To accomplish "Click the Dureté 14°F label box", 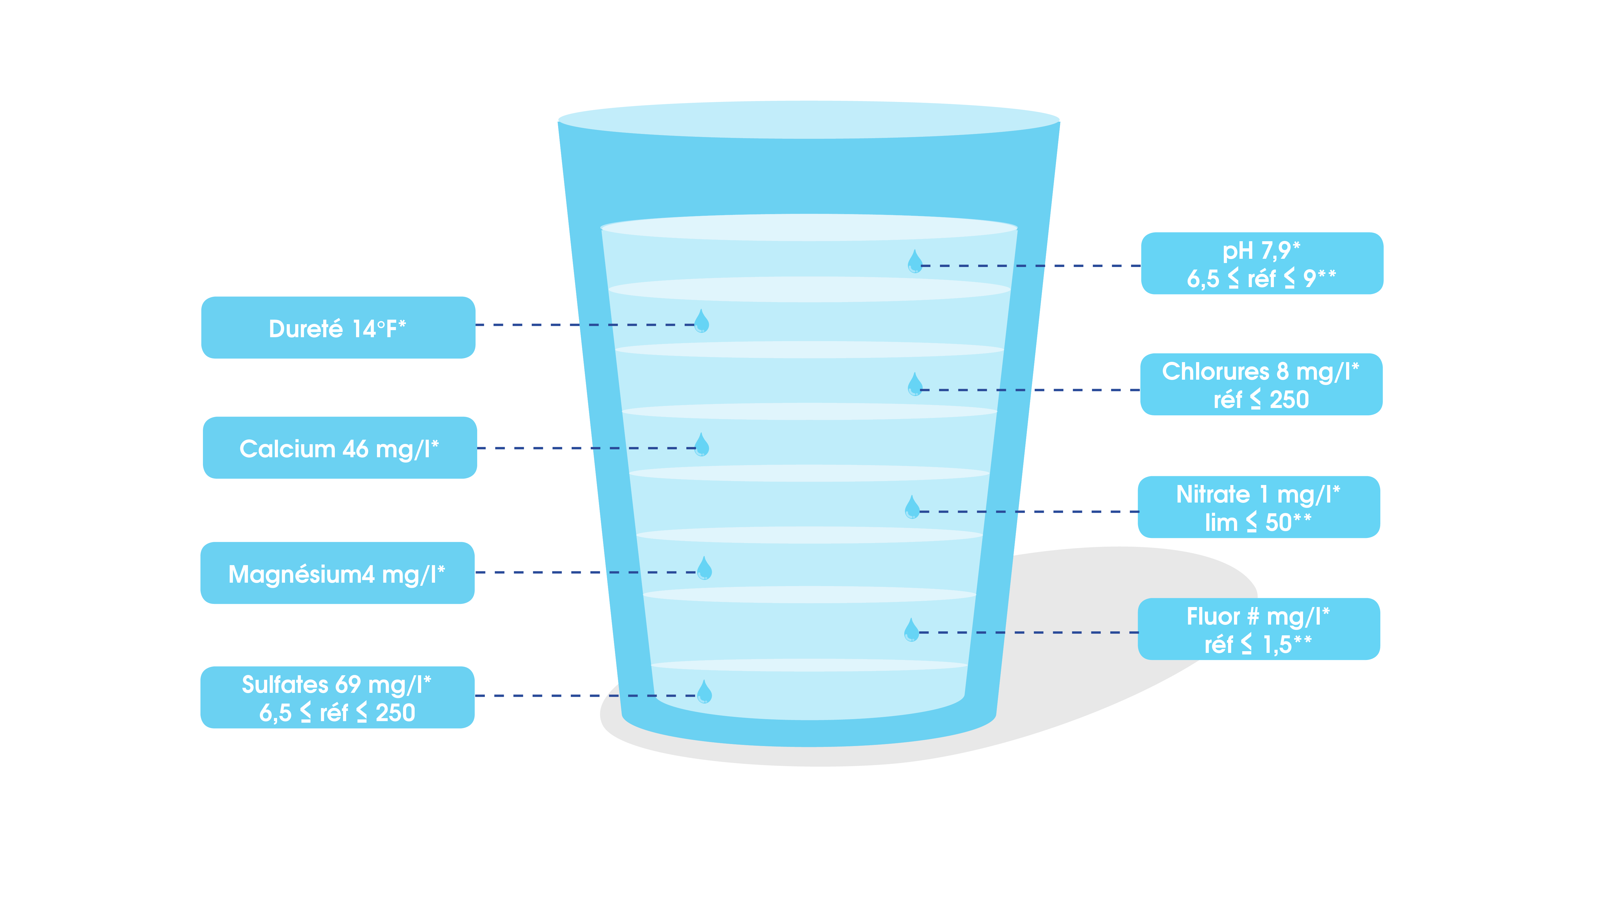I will [338, 327].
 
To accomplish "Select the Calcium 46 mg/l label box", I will [340, 448].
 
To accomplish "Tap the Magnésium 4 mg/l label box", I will [337, 573].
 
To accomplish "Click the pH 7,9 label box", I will [1261, 263].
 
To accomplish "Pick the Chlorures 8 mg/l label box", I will [1261, 384].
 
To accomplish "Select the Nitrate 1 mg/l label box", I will [1258, 507].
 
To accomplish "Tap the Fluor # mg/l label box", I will [1258, 629].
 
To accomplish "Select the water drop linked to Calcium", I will [702, 445].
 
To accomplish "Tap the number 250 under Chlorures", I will [1289, 399].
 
